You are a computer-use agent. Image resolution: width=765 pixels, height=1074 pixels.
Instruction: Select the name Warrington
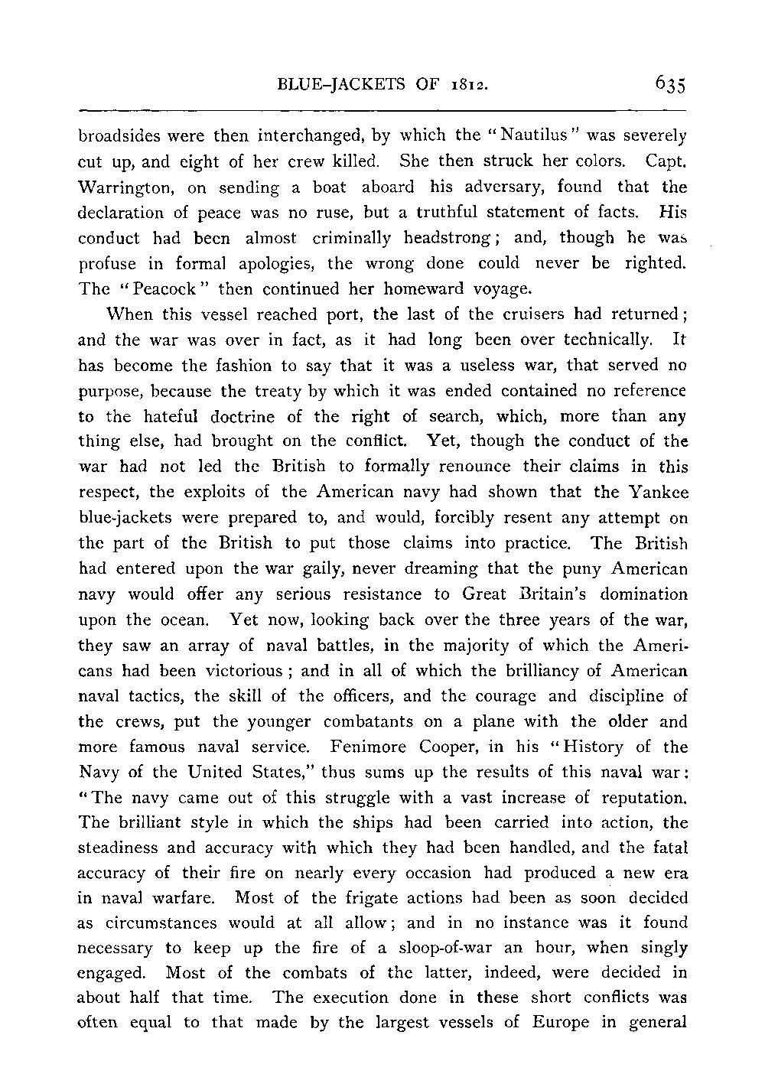point(123,187)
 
